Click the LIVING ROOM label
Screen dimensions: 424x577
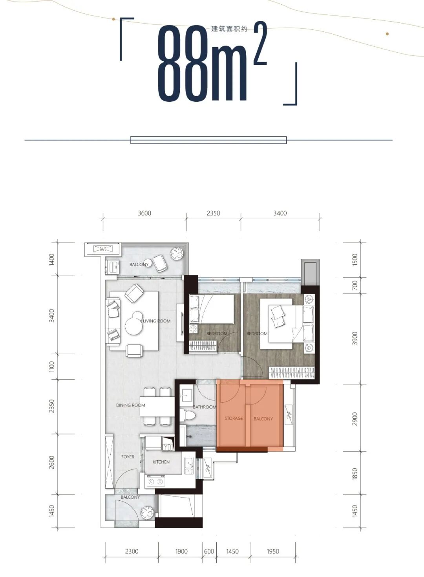tap(157, 321)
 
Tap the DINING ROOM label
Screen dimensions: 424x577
tap(130, 405)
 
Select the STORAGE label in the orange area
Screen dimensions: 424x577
tap(234, 418)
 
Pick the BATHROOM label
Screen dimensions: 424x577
tap(205, 407)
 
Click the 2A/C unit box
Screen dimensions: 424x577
tap(103, 249)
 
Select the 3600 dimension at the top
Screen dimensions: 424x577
tap(144, 213)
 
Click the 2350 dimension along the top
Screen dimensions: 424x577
tap(214, 213)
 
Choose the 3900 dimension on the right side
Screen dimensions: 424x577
tap(355, 338)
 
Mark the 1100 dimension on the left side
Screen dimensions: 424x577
tap(52, 366)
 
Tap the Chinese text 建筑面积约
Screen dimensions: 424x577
tap(229, 29)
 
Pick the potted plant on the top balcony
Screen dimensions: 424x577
tap(177, 254)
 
